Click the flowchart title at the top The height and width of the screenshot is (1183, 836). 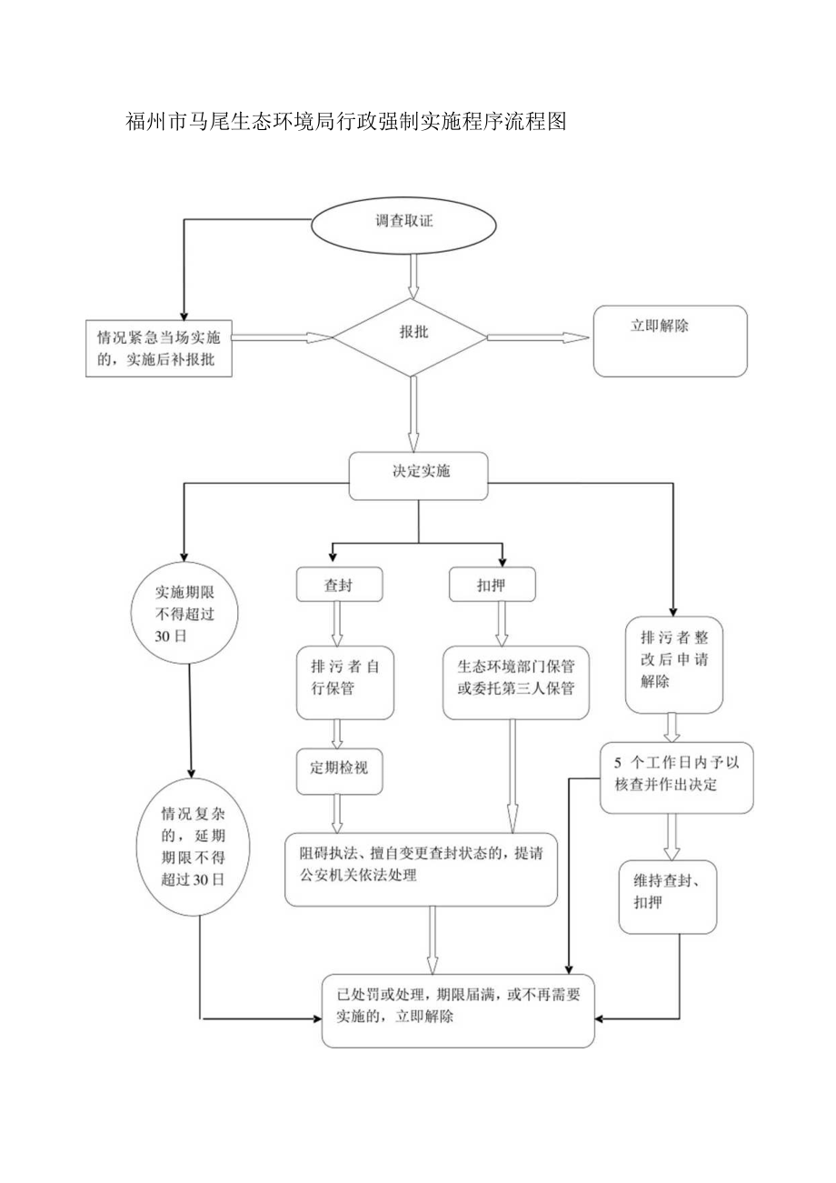click(x=345, y=123)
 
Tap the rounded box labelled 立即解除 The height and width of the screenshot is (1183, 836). click(x=670, y=341)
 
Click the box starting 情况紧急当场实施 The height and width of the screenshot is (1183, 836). click(x=157, y=347)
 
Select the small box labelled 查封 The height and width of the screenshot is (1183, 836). click(x=339, y=585)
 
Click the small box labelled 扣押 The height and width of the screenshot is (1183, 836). click(x=492, y=585)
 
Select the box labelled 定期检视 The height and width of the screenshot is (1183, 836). click(x=339, y=770)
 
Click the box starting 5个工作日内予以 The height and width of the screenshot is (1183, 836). click(x=676, y=776)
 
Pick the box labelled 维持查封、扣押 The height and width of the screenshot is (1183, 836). click(x=668, y=897)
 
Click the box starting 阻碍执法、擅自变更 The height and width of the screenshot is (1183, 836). click(x=421, y=868)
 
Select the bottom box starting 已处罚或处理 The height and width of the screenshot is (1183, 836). click(x=458, y=1009)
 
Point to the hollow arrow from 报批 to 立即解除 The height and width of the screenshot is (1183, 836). click(x=538, y=337)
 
